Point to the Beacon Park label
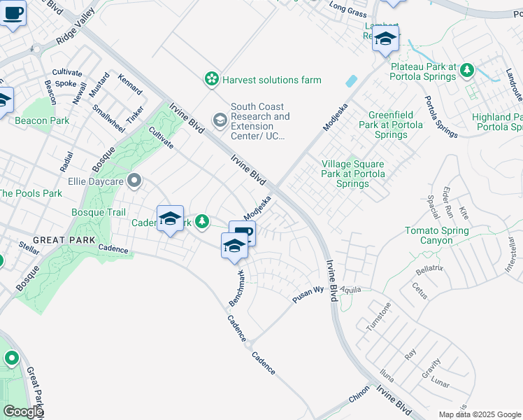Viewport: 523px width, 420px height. click(42, 120)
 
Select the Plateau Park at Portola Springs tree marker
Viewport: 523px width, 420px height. click(466, 70)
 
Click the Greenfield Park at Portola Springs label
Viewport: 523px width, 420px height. click(396, 124)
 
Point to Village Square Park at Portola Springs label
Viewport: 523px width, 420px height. click(354, 174)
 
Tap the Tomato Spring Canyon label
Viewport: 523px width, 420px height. click(438, 235)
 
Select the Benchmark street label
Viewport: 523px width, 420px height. click(238, 287)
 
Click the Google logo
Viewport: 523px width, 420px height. click(23, 412)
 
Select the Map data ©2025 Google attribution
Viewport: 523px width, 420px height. click(479, 414)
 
